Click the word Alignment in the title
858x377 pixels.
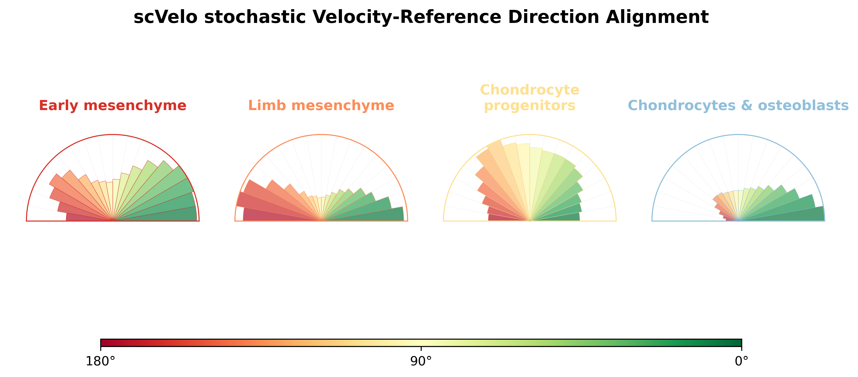657,17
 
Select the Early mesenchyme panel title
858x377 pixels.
113,106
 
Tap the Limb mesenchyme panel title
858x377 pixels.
321,106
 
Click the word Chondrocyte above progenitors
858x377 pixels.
529,90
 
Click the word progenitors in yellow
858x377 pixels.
529,106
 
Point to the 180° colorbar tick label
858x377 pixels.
100,361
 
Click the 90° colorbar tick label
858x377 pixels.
421,361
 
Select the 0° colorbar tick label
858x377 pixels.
741,361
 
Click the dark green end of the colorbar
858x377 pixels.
736,343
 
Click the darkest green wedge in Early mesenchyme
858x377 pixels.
166,215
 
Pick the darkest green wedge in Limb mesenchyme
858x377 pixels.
373,215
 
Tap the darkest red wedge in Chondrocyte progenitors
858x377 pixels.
503,218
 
